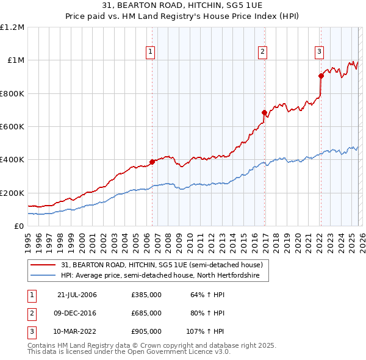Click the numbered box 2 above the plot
point(262,52)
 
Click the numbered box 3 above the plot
point(319,52)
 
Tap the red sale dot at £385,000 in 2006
point(152,162)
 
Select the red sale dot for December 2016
point(264,112)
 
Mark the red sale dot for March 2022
point(321,76)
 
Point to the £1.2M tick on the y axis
point(12,27)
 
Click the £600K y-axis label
point(12,127)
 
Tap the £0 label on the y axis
point(18,226)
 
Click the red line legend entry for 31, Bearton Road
point(162,265)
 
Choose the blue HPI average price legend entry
point(160,276)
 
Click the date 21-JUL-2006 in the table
point(77,295)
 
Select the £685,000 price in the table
point(146,313)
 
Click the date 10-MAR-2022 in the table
point(77,331)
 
